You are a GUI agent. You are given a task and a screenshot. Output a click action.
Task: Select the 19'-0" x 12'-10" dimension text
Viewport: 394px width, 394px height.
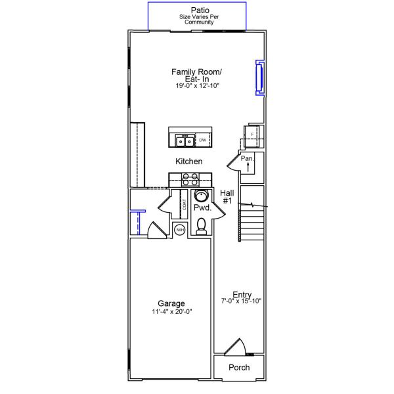pos(196,86)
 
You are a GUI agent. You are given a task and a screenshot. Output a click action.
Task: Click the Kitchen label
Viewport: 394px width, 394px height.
pos(188,161)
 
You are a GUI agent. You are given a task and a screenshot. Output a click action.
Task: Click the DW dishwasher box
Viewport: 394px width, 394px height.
pos(203,140)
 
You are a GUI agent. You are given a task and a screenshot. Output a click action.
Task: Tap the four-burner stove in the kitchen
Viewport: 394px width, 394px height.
pos(190,180)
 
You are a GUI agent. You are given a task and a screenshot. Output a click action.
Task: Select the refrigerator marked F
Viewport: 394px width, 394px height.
pos(253,135)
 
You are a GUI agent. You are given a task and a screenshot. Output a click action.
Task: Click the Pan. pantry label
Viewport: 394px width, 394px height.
pos(247,158)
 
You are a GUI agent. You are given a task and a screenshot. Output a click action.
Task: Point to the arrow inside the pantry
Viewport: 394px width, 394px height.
pos(248,167)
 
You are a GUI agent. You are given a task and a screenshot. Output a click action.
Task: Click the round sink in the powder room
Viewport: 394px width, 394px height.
pos(202,196)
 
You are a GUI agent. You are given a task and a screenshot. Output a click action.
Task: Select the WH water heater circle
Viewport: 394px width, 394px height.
pos(180,229)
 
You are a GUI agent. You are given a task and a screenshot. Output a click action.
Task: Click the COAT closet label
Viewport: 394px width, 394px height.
pos(185,205)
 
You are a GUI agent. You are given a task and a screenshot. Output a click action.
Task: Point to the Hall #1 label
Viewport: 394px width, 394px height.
pos(227,196)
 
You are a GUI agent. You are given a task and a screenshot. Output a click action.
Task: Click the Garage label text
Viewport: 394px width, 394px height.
pos(171,303)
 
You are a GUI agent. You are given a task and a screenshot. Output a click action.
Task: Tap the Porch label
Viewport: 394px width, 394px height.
pos(239,367)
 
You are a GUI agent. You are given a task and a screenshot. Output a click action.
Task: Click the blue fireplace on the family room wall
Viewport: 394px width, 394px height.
pos(259,77)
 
